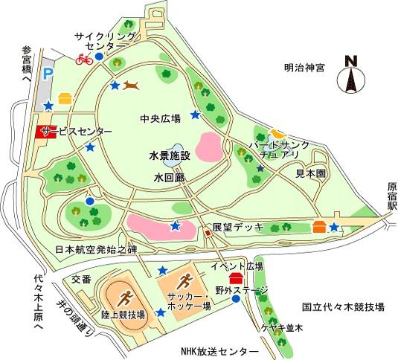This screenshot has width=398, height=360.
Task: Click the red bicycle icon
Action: [x=84, y=59]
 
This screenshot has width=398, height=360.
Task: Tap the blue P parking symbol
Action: [x=48, y=74]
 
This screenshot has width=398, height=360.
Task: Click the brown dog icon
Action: [x=132, y=86]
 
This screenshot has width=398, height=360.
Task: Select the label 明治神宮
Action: [x=304, y=67]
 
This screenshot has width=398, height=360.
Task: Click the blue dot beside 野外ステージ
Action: [x=236, y=299]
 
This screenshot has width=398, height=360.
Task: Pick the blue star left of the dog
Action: [x=115, y=86]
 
